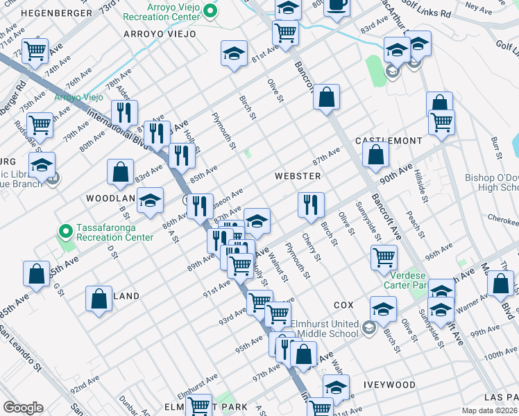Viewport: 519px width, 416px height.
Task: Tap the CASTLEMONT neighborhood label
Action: coord(389,141)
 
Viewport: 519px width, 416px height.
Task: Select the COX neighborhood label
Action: coord(343,305)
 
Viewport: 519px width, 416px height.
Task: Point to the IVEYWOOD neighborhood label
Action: coord(389,385)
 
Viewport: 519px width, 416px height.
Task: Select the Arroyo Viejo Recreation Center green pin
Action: coord(214,10)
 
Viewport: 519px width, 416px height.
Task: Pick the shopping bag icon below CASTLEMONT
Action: coord(375,156)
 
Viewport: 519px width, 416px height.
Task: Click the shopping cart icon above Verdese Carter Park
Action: coord(384,257)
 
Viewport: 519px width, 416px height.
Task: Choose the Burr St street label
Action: coord(495,150)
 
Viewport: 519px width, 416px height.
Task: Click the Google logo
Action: coord(23,408)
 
